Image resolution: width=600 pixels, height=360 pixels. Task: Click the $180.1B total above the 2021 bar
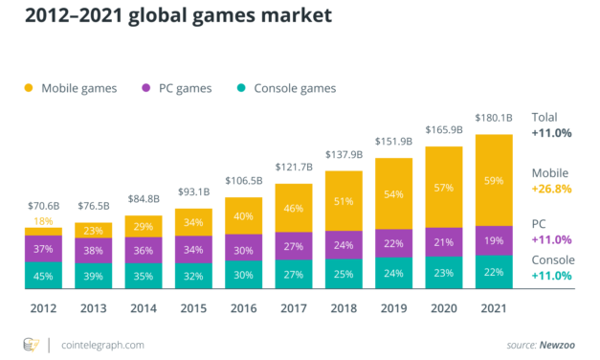tap(494, 120)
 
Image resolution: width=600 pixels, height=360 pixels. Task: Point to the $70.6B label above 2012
tap(43, 205)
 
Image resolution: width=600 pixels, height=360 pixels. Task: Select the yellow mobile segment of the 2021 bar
tap(494, 179)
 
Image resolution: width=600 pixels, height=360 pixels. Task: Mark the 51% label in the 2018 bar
tap(344, 201)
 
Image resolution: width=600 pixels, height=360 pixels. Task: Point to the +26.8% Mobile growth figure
tap(552, 189)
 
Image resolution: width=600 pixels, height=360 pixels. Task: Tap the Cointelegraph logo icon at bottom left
tap(31, 344)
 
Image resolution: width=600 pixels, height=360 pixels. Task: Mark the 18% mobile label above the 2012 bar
tap(43, 221)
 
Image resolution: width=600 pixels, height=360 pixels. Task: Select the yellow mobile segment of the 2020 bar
tap(444, 187)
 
